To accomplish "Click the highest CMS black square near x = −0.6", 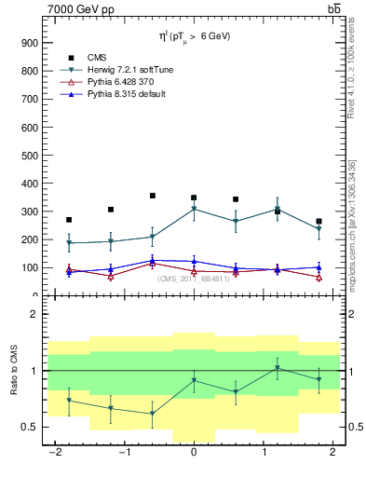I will coord(152,196).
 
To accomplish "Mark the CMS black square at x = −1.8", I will coord(69,220).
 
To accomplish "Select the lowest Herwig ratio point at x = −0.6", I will coord(152,414).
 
